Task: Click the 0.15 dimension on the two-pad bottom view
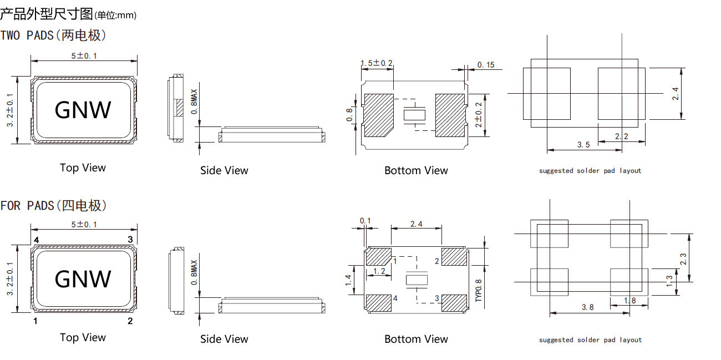[x=486, y=65]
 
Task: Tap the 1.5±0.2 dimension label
[x=377, y=63]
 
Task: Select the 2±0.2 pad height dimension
[x=479, y=115]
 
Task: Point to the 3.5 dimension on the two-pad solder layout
[x=583, y=145]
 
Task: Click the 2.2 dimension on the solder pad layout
[x=622, y=136]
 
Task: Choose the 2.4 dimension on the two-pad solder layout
[x=676, y=93]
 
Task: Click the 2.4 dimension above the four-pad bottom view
[x=416, y=224]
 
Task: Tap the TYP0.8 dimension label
[x=479, y=290]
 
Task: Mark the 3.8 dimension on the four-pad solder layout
[x=588, y=307]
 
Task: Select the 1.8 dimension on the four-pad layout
[x=630, y=301]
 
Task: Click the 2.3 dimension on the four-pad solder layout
[x=683, y=259]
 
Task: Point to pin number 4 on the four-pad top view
[x=37, y=240]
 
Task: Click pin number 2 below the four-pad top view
[x=130, y=321]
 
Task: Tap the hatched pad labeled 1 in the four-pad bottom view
[x=378, y=256]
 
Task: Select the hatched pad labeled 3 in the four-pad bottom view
[x=454, y=303]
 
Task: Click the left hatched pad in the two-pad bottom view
[x=378, y=115]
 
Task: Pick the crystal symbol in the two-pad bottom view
[x=415, y=115]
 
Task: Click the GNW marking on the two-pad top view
[x=83, y=110]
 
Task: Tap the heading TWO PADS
[x=27, y=35]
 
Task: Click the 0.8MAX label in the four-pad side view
[x=194, y=272]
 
